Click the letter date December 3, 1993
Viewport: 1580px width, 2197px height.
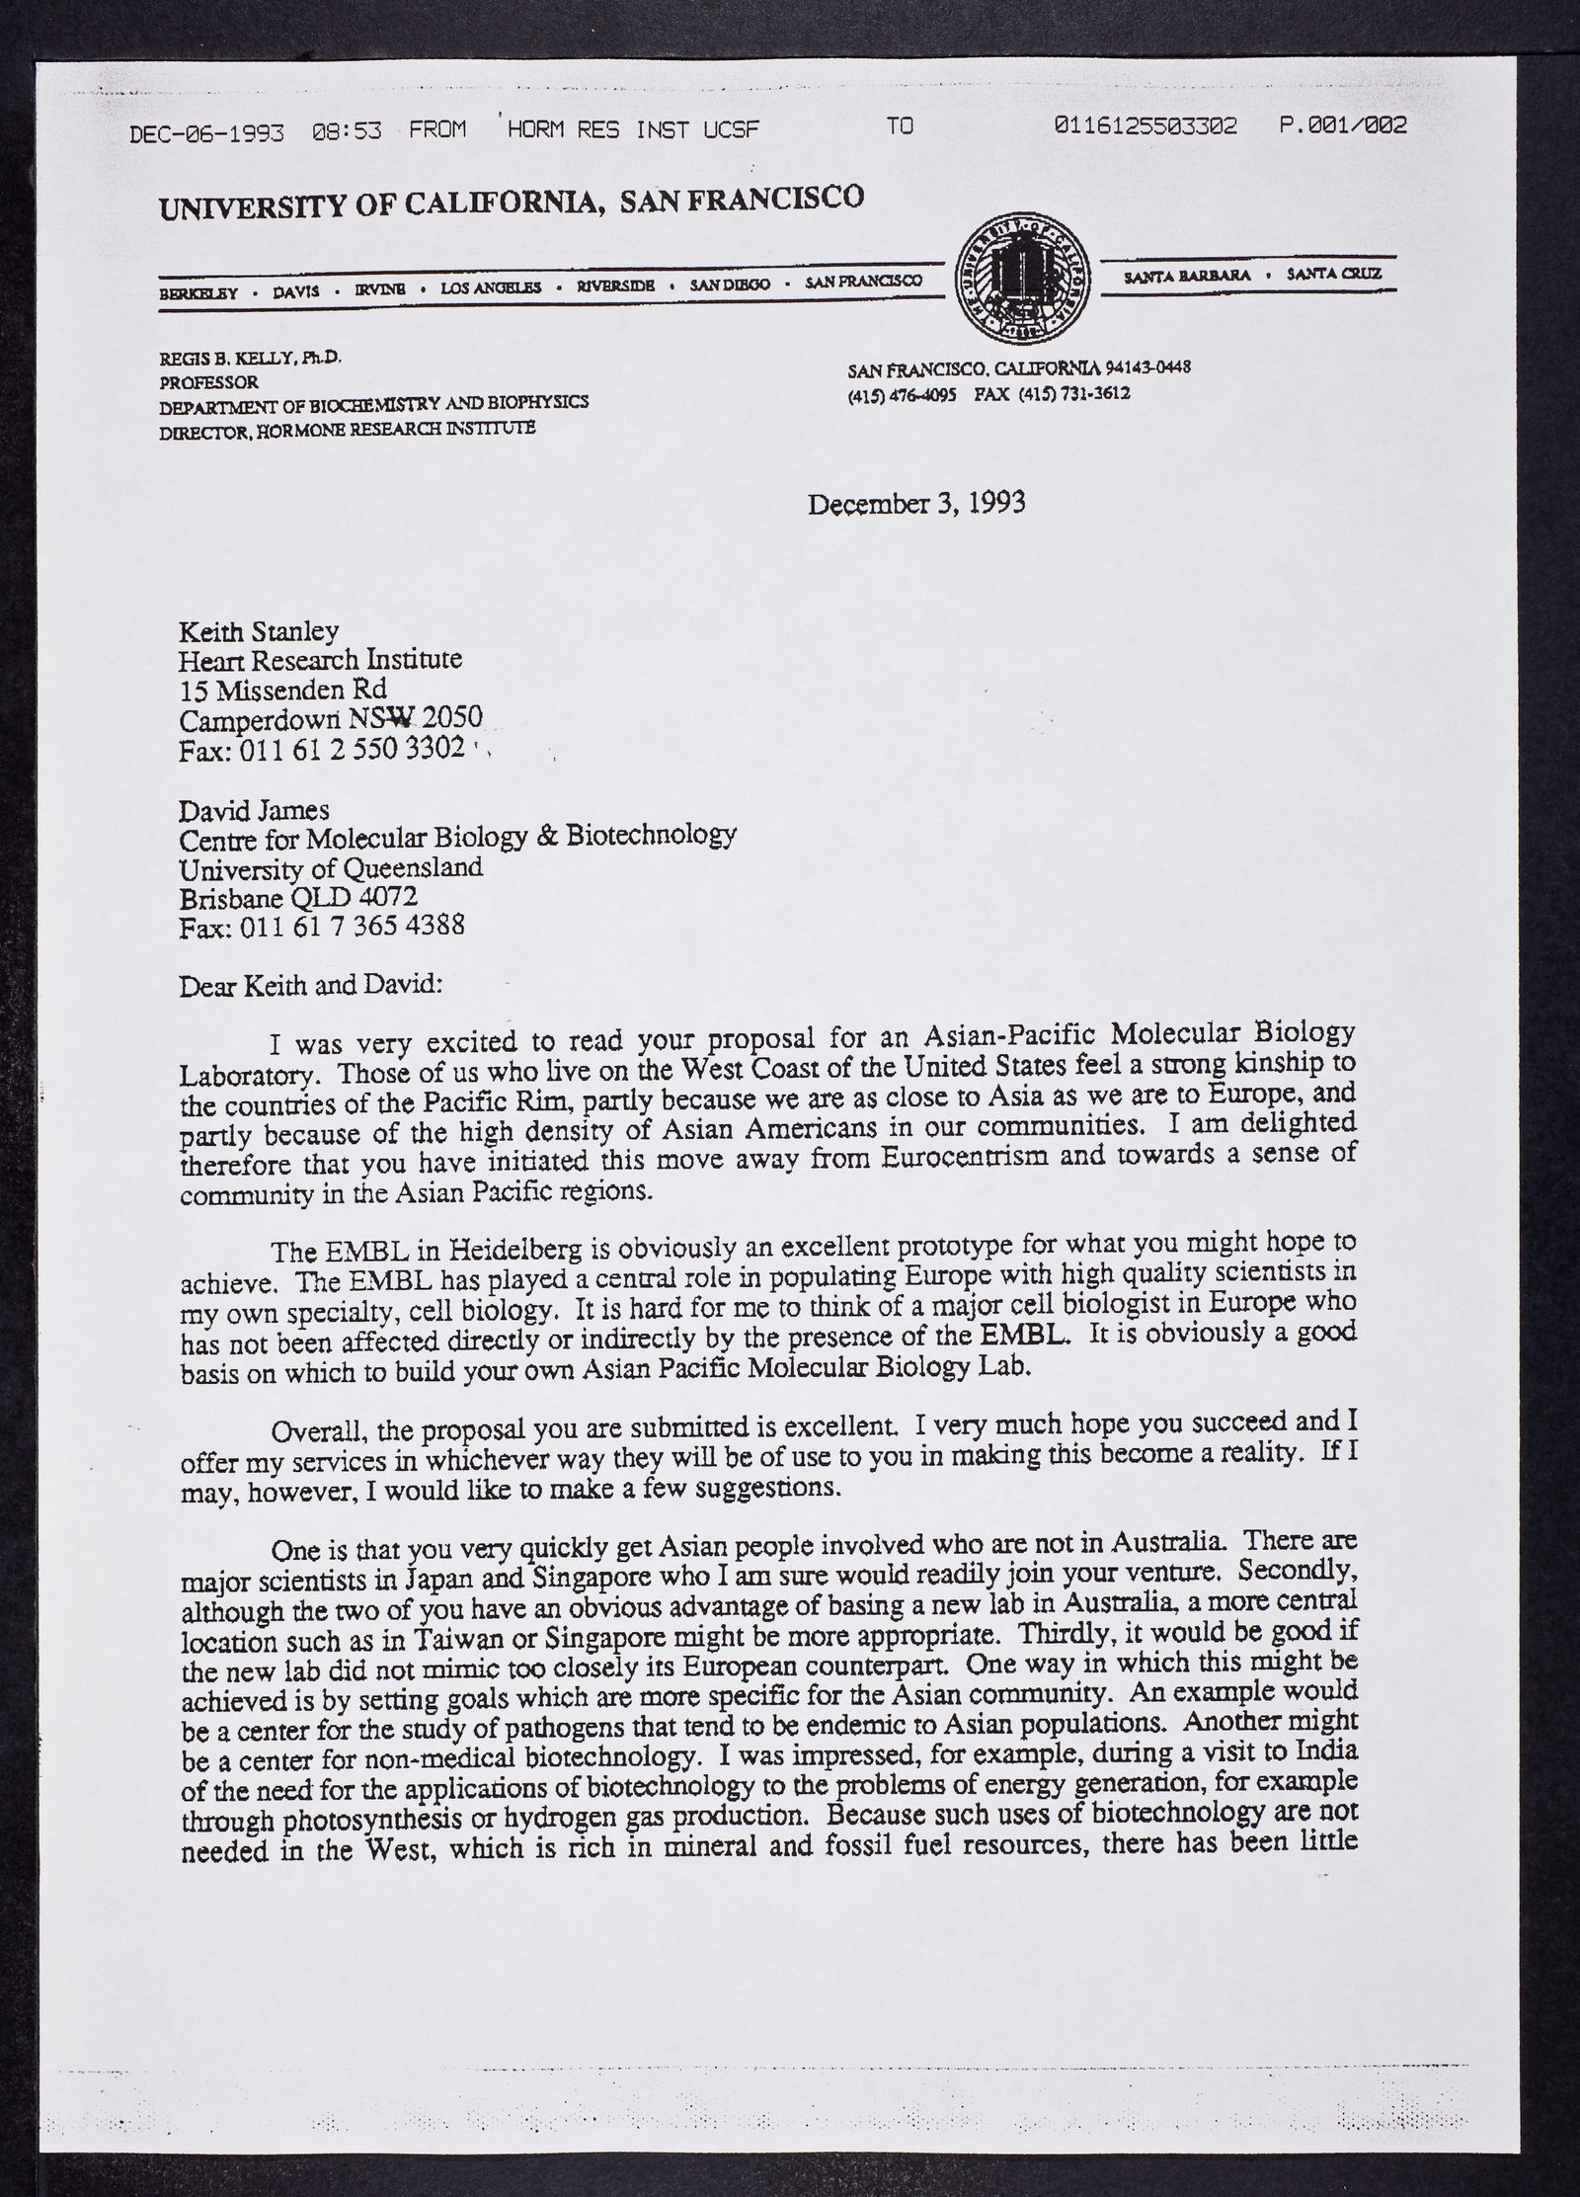[x=916, y=503]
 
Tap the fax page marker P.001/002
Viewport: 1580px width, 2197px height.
[x=1342, y=125]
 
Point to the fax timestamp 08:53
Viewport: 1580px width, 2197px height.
[x=347, y=129]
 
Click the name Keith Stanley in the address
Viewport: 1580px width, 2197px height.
[x=259, y=630]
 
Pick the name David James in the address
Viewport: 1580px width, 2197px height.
[x=254, y=811]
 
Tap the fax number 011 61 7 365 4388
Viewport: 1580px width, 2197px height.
[x=352, y=927]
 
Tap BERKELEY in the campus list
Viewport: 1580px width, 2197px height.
[x=198, y=292]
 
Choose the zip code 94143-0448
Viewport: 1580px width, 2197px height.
[x=1152, y=367]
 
